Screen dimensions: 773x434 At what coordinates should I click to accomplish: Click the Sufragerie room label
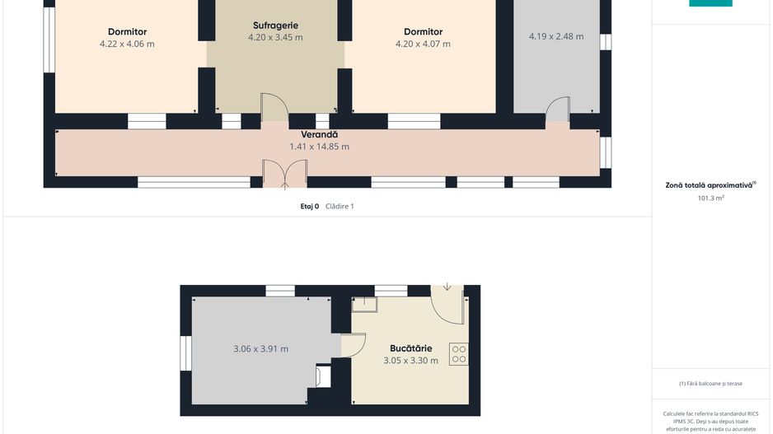point(275,26)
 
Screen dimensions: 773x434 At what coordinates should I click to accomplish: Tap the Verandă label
point(320,134)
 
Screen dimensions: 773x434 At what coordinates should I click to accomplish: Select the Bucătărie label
point(410,348)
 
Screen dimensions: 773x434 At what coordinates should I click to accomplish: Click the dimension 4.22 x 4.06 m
point(127,44)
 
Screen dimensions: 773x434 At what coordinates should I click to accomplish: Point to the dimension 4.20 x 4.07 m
point(423,44)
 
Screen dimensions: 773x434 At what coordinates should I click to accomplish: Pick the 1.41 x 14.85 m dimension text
point(320,147)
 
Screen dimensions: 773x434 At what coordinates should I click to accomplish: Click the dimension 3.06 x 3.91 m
point(260,349)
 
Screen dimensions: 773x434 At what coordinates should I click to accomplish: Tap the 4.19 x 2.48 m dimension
point(556,36)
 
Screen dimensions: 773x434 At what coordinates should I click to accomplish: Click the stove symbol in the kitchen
point(458,354)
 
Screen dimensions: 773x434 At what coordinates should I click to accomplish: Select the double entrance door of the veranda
point(284,174)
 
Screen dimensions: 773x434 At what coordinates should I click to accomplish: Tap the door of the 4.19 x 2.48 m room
point(558,109)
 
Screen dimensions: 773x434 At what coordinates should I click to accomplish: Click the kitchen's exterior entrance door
point(447,305)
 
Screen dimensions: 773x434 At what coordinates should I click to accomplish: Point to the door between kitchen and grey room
point(353,345)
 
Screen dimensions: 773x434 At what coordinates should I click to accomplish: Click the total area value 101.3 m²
point(710,198)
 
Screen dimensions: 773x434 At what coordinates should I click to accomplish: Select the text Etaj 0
point(310,207)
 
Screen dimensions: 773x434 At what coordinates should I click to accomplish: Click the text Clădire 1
point(340,207)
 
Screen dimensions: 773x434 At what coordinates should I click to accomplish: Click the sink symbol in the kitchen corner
point(364,305)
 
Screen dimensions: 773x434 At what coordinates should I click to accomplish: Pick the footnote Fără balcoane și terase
point(710,383)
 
